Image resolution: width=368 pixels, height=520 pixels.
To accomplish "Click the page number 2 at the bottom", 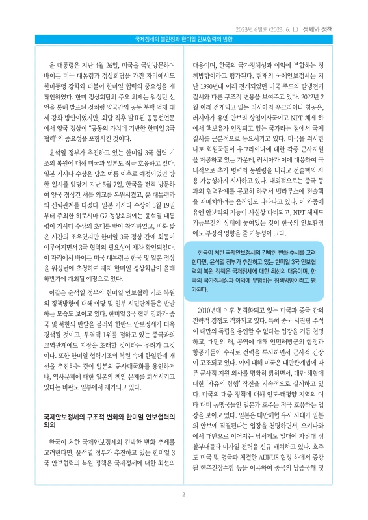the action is click(x=184, y=494).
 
